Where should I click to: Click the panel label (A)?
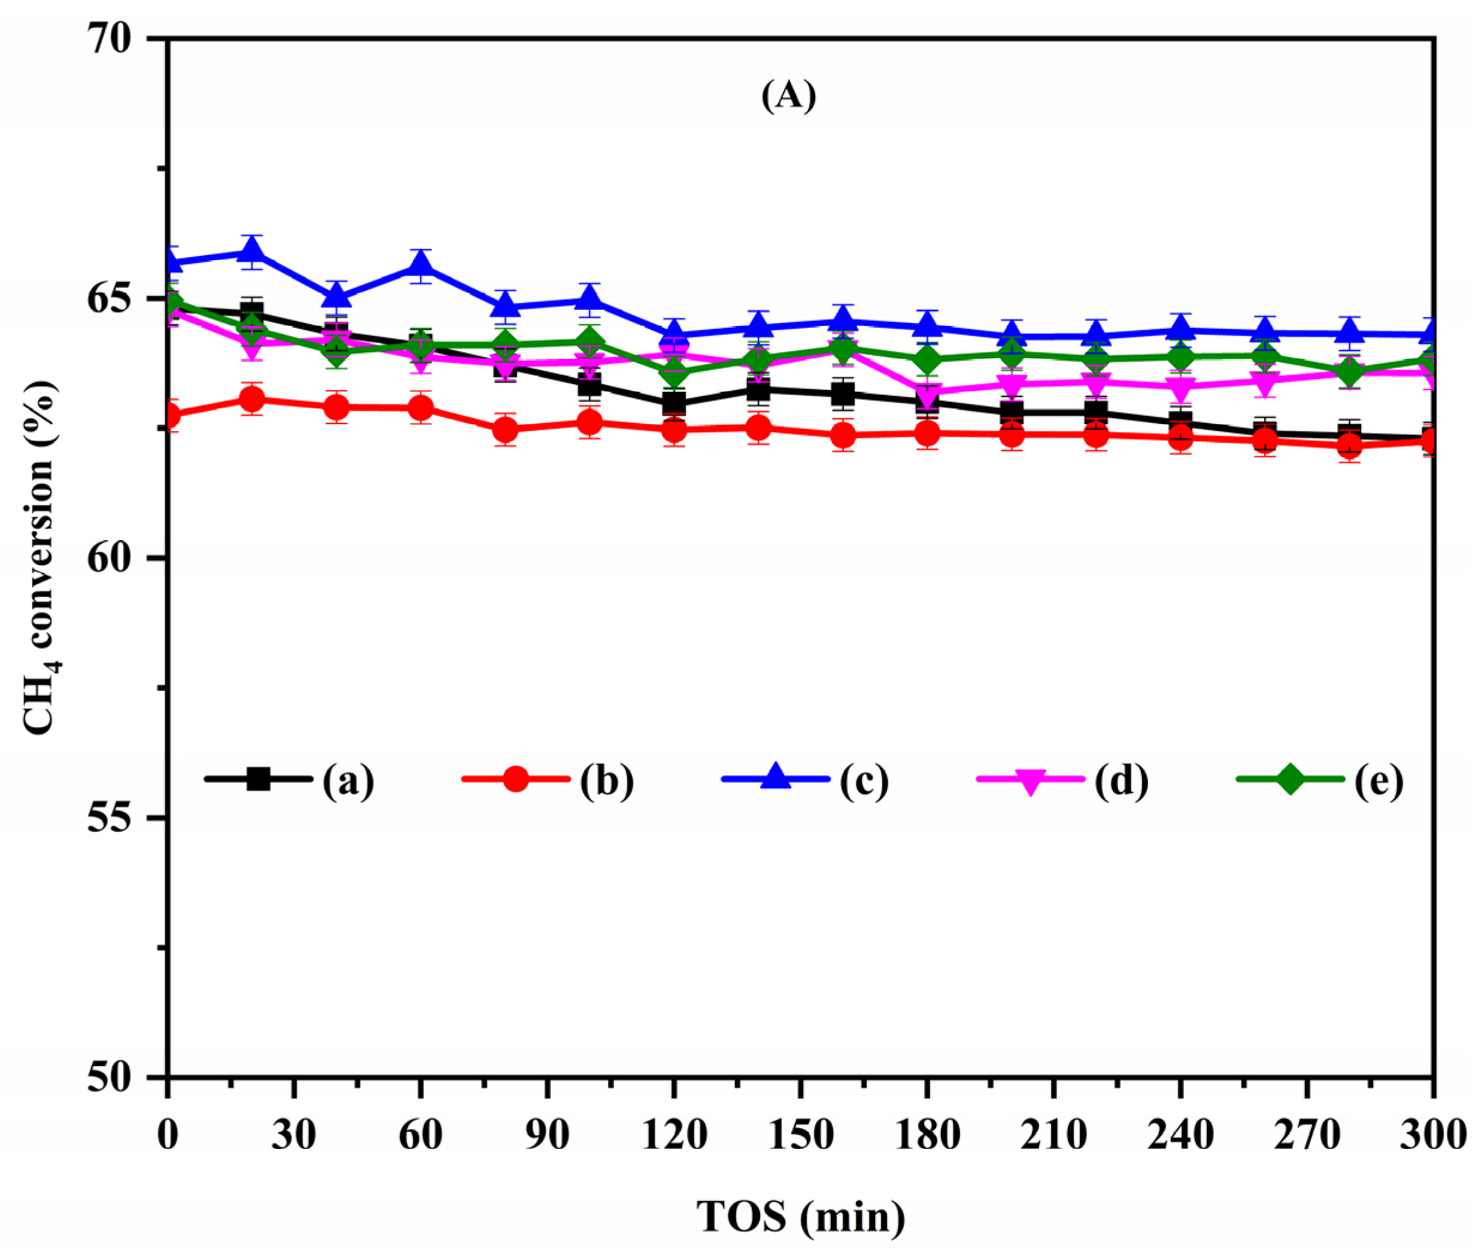[788, 96]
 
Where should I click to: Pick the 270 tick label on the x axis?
[1307, 1135]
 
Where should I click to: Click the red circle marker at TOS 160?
[843, 435]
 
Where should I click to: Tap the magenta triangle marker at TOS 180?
[927, 392]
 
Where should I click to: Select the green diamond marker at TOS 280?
[1349, 371]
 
